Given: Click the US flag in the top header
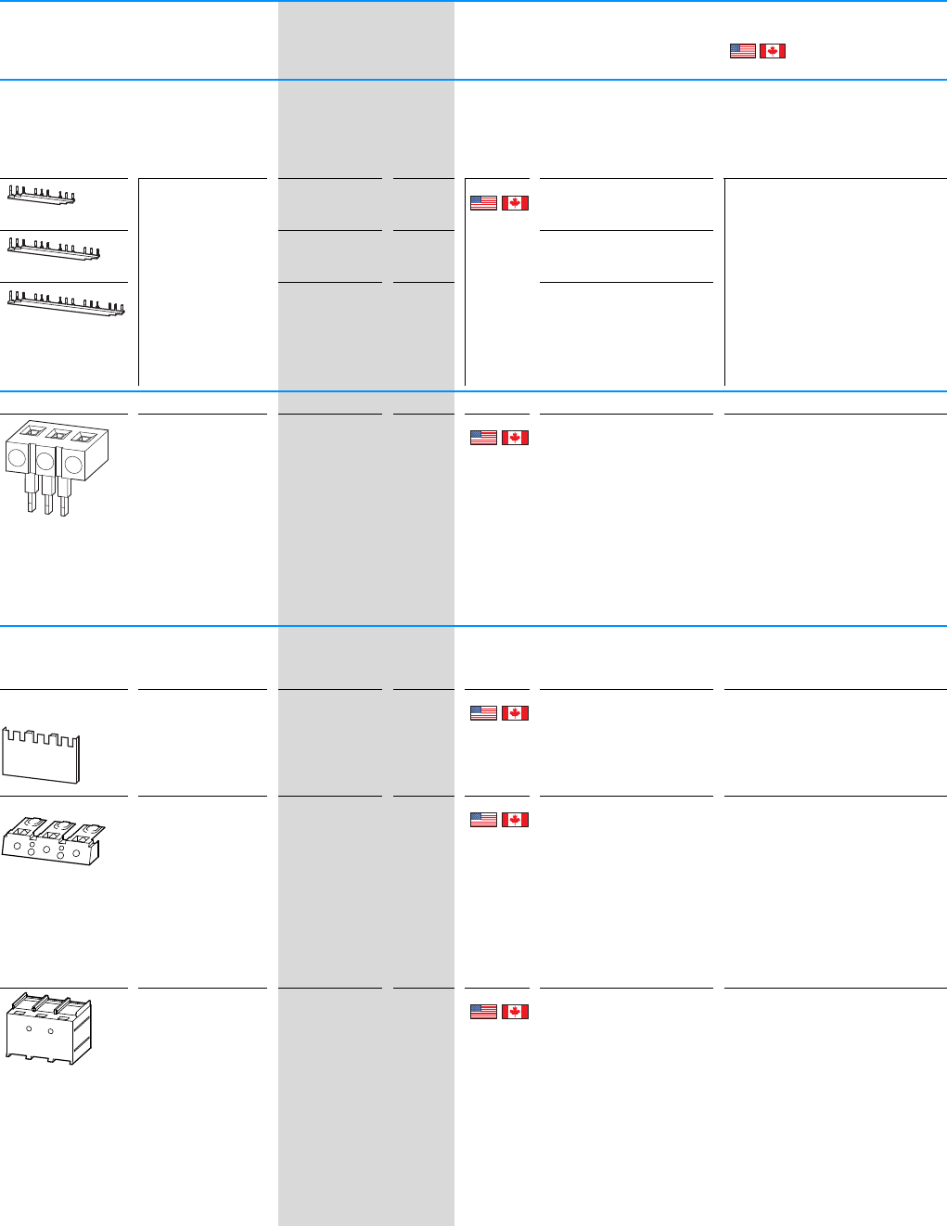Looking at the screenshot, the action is [742, 51].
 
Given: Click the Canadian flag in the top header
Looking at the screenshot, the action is [773, 51].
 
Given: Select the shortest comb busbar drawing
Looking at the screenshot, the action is [42, 195].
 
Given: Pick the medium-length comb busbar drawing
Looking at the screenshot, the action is [54, 249].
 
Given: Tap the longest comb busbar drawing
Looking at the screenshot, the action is [66, 303].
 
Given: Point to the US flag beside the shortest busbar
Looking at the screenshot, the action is [483, 202].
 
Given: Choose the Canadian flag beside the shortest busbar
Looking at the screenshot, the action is [515, 202].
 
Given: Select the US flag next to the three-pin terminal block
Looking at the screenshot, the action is [483, 438].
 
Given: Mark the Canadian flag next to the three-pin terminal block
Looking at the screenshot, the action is [515, 438].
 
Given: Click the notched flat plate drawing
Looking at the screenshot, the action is [41, 755].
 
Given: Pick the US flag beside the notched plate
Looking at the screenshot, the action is [483, 713].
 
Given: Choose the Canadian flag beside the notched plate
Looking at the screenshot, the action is [515, 713].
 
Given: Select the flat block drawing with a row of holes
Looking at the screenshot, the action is [50, 841].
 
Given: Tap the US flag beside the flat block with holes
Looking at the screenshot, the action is [483, 820].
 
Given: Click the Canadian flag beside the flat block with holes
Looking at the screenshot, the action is [515, 820].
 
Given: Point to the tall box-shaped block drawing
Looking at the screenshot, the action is [48, 1028].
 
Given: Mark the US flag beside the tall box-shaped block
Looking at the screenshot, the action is [483, 1012].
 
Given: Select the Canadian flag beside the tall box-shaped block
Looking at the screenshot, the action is [515, 1012].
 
